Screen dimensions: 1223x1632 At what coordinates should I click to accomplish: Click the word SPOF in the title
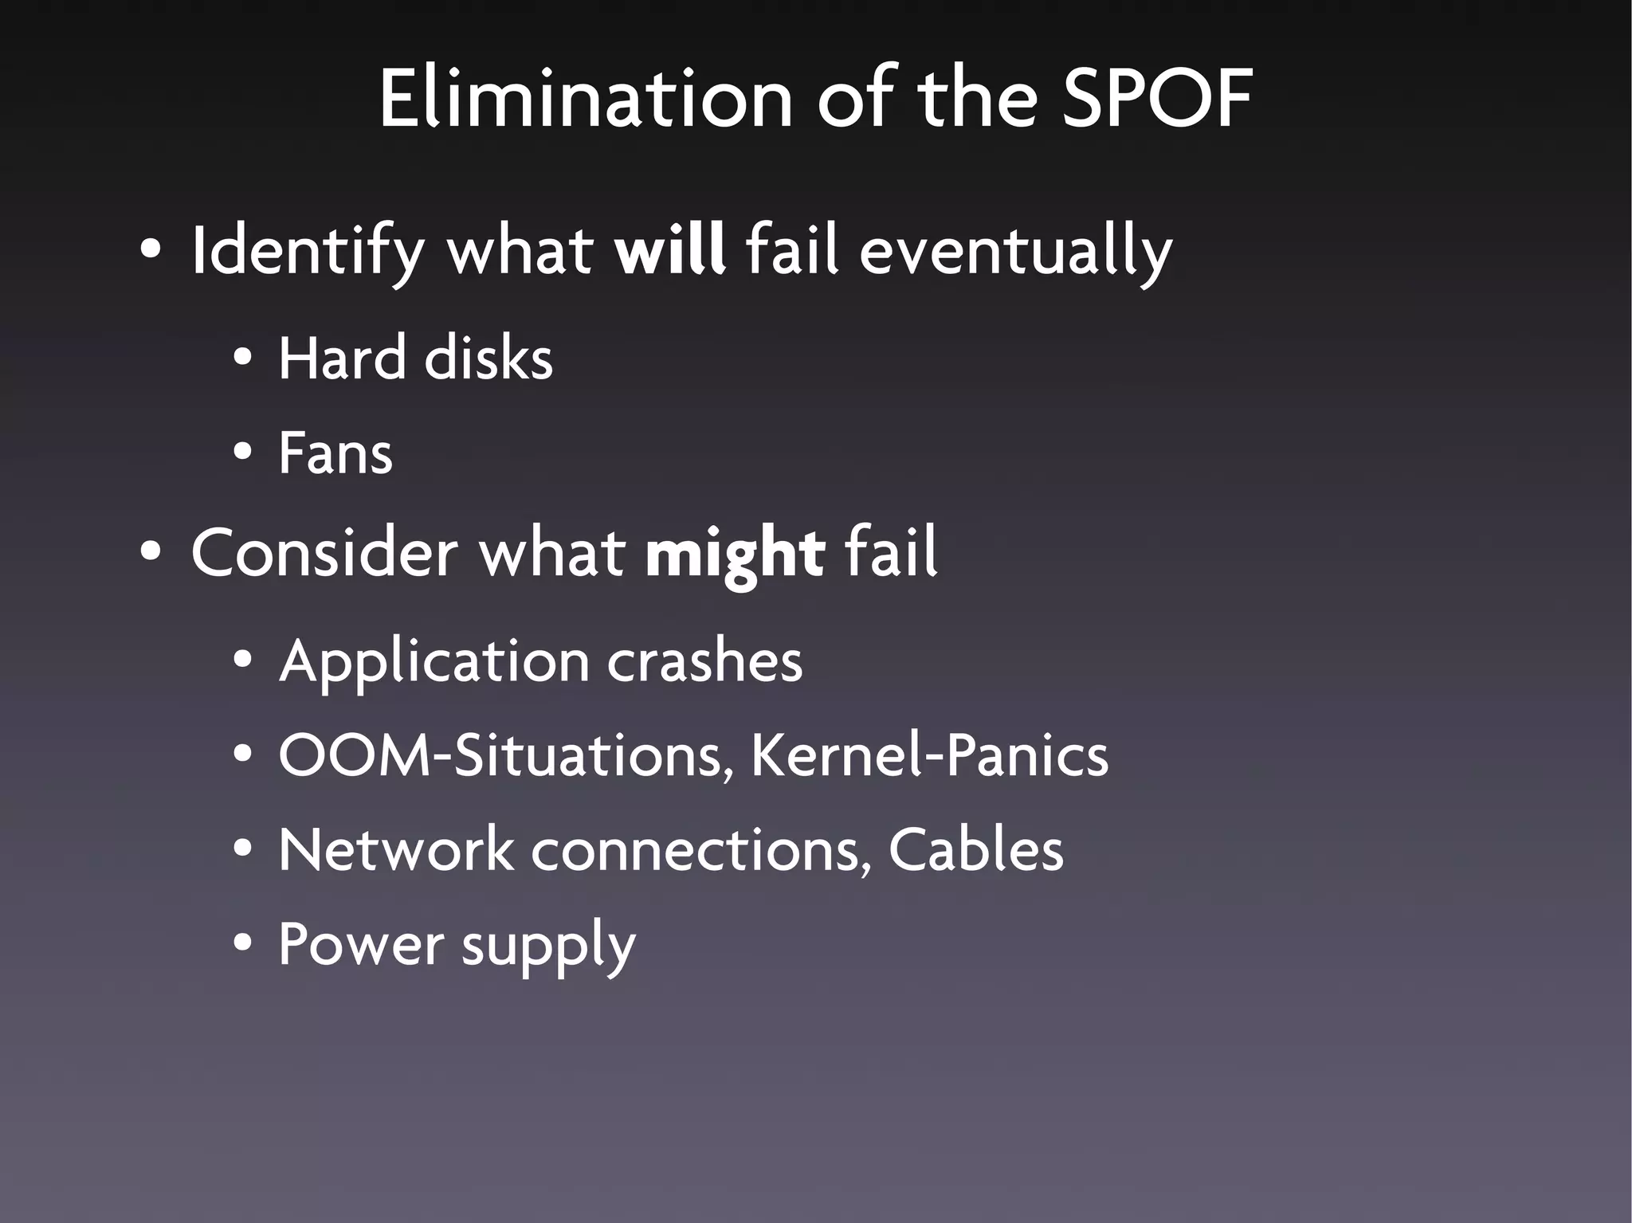(x=1157, y=99)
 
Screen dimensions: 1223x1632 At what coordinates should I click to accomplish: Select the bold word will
(x=670, y=250)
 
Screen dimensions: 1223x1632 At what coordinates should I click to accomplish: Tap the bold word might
(x=735, y=553)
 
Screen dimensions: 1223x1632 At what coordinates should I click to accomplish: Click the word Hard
(x=342, y=358)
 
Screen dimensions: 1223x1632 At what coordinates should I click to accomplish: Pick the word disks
(x=488, y=358)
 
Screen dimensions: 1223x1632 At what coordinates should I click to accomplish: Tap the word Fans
(x=335, y=453)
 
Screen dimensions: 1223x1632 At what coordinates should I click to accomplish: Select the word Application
(x=433, y=661)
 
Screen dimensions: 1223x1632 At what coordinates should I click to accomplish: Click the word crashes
(x=704, y=661)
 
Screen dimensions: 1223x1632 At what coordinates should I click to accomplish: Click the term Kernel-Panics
(x=929, y=755)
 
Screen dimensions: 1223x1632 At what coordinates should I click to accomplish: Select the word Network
(x=395, y=849)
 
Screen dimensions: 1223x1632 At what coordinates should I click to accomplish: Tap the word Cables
(x=975, y=849)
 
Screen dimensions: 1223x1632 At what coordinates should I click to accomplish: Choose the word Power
(x=360, y=945)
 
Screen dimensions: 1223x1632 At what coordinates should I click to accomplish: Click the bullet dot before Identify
(x=151, y=250)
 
